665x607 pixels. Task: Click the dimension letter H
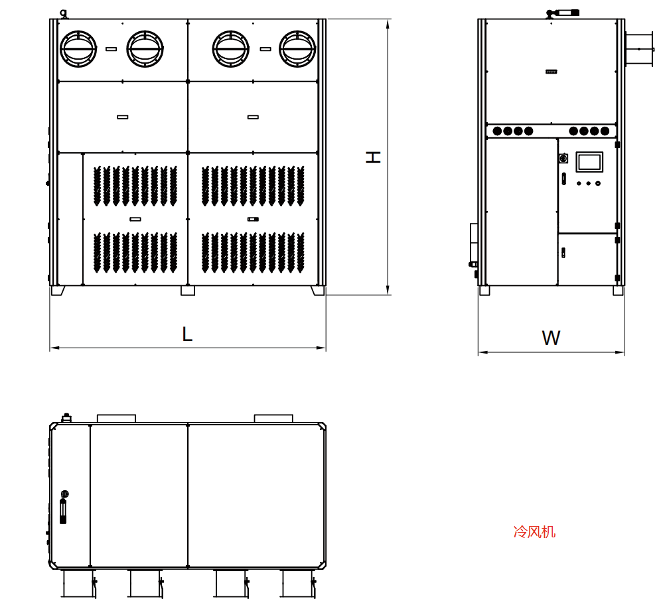[373, 157]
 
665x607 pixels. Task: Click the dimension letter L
[187, 334]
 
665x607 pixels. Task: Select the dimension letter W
[551, 338]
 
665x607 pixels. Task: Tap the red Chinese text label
[534, 531]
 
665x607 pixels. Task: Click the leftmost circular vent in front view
[78, 48]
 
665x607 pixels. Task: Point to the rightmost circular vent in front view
[297, 48]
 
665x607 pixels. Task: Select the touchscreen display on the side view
[589, 161]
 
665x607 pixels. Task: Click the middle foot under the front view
[188, 291]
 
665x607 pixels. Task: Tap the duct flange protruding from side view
[639, 49]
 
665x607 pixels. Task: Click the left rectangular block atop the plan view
[116, 419]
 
